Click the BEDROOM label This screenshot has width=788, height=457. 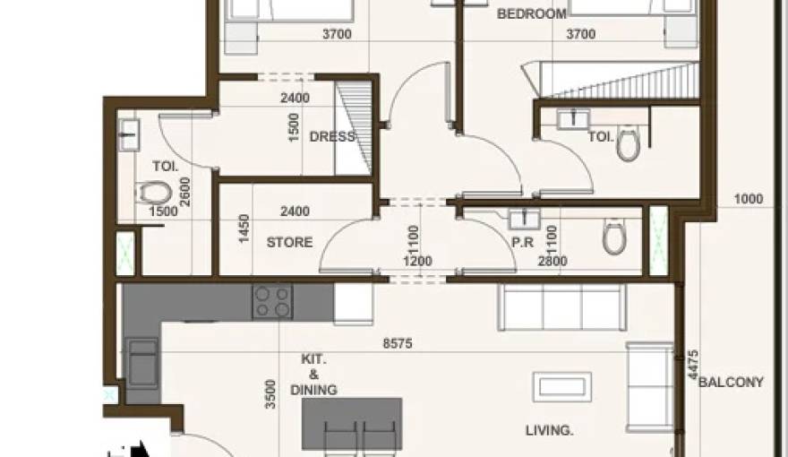coord(532,14)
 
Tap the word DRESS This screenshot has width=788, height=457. coord(332,137)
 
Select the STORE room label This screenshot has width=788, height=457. coord(290,242)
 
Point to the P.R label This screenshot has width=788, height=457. coord(523,242)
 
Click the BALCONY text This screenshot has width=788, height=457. coord(731,383)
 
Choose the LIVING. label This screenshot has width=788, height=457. coord(550,431)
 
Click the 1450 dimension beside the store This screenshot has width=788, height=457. coord(243,230)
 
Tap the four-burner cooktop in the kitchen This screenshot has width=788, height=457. coord(272,302)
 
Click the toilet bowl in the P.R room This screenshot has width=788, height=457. coord(614,237)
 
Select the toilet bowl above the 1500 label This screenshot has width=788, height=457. coord(156,192)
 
